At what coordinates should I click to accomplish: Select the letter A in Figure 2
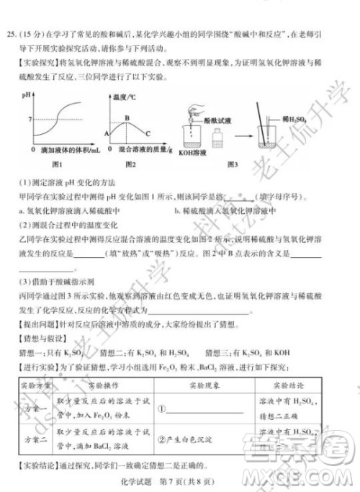click(106, 134)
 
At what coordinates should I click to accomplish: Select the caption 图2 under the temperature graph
click(130, 164)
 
